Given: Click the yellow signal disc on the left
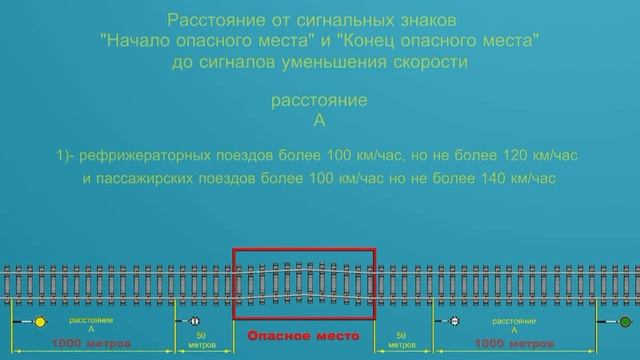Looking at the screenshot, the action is coord(40,322).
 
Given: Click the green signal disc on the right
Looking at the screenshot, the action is coord(625,322).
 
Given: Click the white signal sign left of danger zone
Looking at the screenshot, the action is coord(189,322).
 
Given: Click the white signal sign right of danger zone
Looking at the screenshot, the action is coord(453,322).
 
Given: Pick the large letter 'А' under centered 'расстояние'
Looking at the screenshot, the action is coord(319,121).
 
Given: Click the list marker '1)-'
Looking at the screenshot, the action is coord(68,157).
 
